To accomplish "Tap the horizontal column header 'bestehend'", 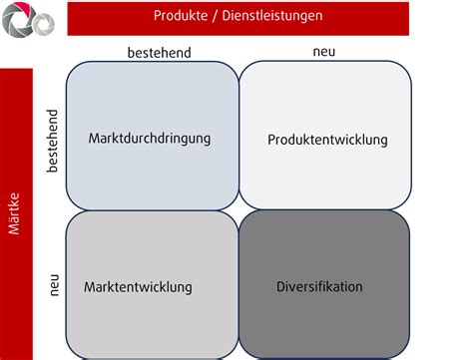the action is click(x=158, y=52).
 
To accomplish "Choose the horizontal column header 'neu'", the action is click(x=324, y=51).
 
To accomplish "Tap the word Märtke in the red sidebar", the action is click(x=15, y=214).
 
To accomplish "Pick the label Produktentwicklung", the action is click(x=327, y=140).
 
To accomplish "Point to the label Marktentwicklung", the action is click(x=138, y=287).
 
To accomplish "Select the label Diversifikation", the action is click(x=319, y=287).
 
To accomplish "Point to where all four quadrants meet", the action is click(x=239, y=210).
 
